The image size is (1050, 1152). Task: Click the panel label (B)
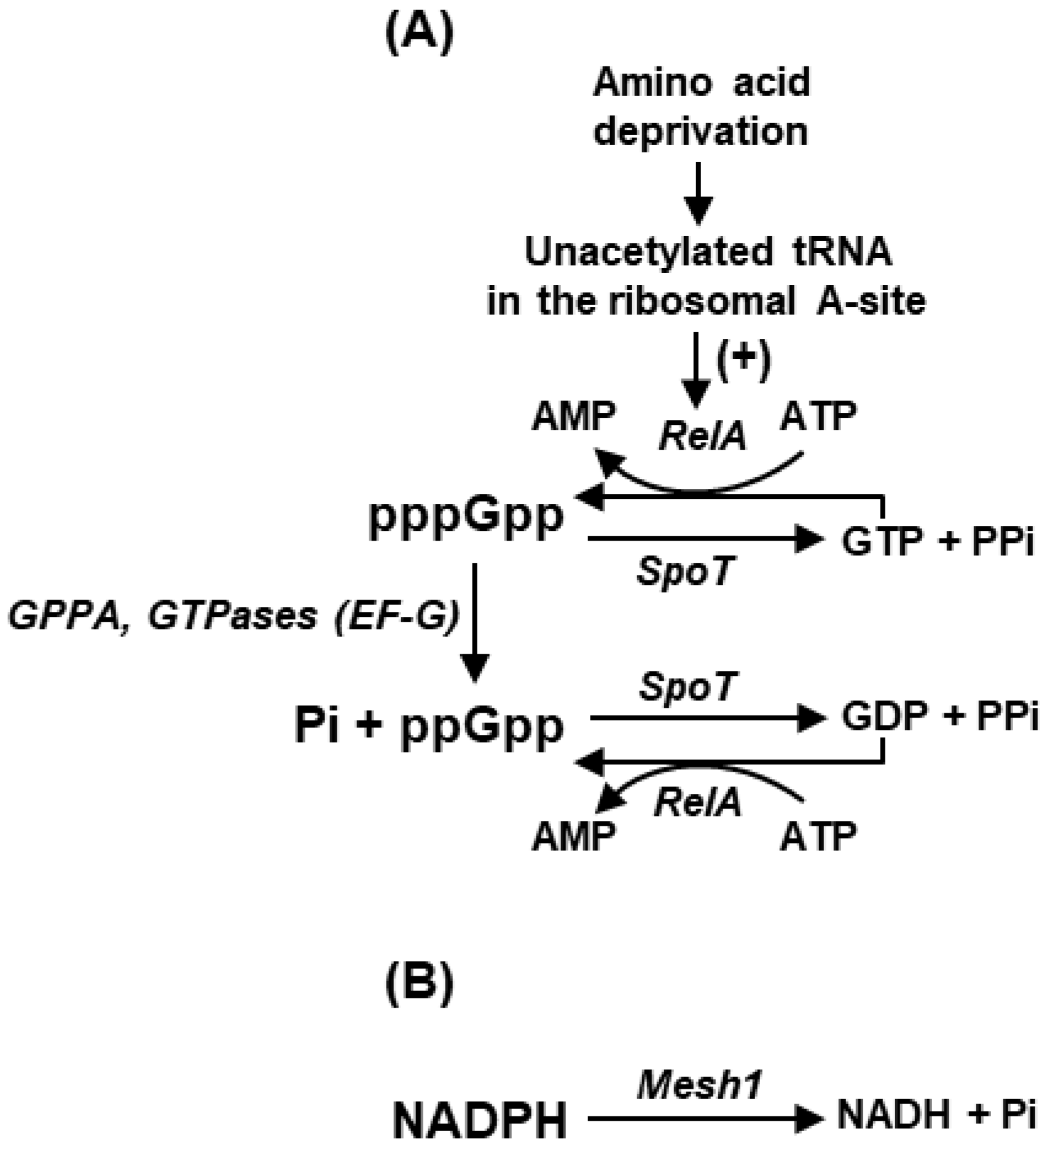pyautogui.click(x=419, y=981)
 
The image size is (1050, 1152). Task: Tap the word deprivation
pyautogui.click(x=700, y=131)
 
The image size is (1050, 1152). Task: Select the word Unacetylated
pyautogui.click(x=648, y=251)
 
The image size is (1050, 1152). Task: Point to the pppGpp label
pyautogui.click(x=466, y=516)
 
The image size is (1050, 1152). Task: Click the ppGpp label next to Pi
pyautogui.click(x=482, y=726)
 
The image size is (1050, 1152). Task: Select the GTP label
pyautogui.click(x=882, y=541)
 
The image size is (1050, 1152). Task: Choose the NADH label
pyautogui.click(x=894, y=1115)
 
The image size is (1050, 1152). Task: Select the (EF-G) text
pyautogui.click(x=397, y=616)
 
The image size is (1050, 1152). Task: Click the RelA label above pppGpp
pyautogui.click(x=702, y=436)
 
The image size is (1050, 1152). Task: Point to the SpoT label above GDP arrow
pyautogui.click(x=687, y=686)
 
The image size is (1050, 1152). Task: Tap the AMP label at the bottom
pyautogui.click(x=573, y=836)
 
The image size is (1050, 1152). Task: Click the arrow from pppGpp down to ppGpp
pyautogui.click(x=475, y=621)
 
